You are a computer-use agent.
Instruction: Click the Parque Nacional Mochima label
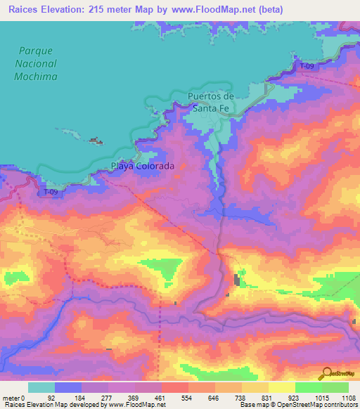[x=38, y=64]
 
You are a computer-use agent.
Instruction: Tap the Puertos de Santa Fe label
[x=210, y=101]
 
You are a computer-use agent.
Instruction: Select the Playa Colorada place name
[x=143, y=167]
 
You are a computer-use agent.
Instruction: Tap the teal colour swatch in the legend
[x=41, y=387]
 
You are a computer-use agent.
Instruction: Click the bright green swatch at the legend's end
[x=335, y=387]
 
